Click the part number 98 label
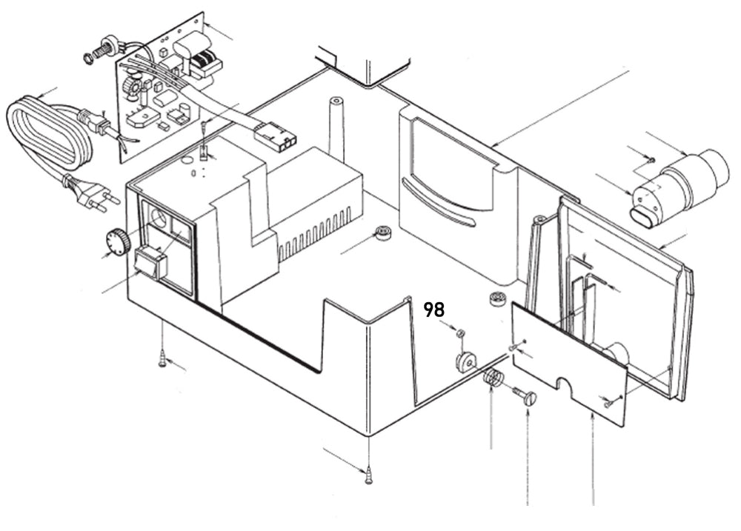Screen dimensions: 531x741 pyautogui.click(x=433, y=310)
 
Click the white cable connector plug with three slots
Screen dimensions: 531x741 pyautogui.click(x=275, y=137)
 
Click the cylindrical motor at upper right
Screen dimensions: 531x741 pyautogui.click(x=678, y=185)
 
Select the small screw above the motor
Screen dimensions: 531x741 pyautogui.click(x=649, y=158)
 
